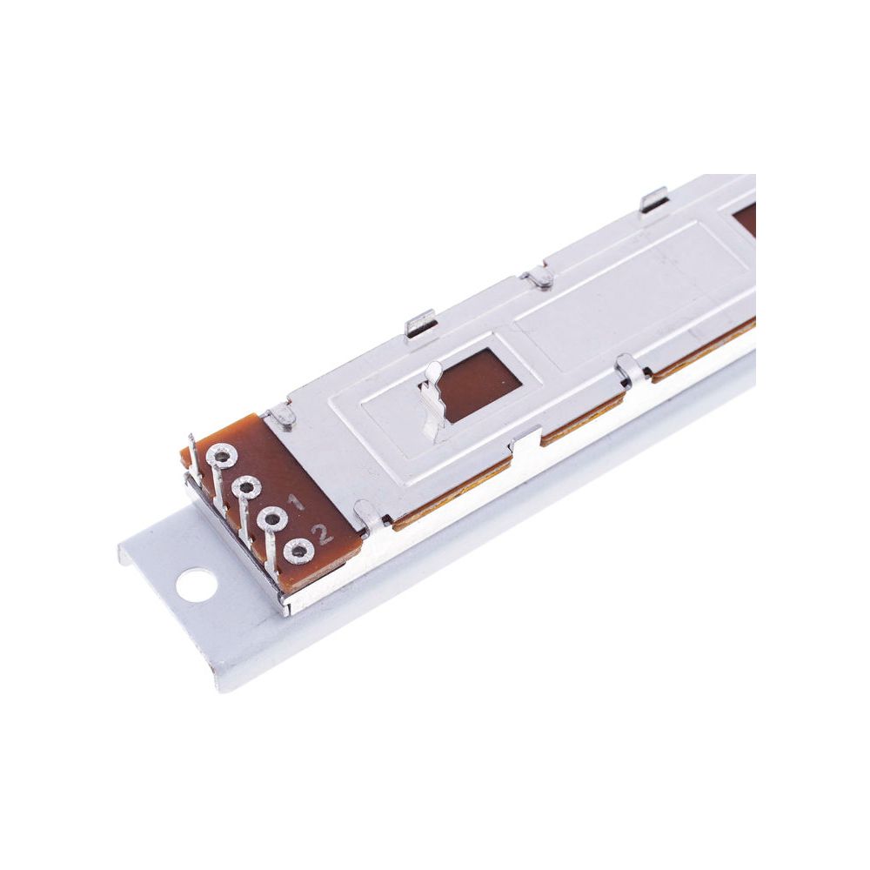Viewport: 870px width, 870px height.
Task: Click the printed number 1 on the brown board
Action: [294, 503]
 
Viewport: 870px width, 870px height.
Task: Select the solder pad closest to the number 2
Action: [299, 551]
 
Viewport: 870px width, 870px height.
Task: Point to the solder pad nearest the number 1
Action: [272, 519]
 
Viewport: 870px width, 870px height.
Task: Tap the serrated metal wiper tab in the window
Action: [432, 398]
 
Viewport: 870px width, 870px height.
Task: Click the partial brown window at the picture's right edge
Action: [746, 219]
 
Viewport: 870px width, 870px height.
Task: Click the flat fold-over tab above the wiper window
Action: [421, 323]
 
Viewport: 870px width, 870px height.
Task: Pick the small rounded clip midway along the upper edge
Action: [539, 278]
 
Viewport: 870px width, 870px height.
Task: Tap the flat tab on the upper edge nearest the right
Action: [652, 201]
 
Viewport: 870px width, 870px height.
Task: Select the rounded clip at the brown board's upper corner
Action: [282, 416]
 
